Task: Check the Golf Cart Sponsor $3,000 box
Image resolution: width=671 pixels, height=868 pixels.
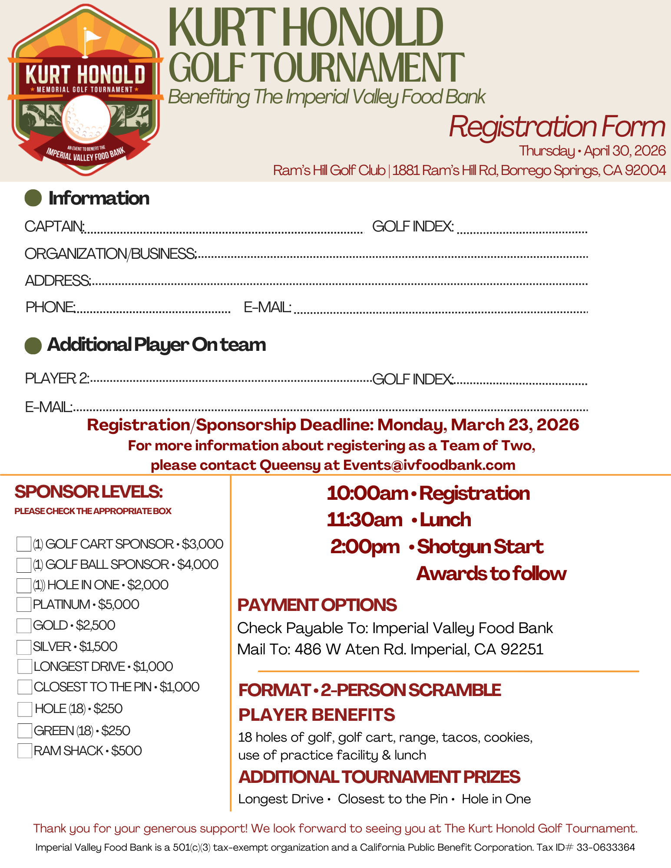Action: click(x=23, y=544)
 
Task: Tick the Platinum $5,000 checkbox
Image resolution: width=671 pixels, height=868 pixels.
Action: click(x=23, y=604)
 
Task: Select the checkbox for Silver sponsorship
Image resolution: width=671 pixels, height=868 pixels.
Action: click(x=23, y=647)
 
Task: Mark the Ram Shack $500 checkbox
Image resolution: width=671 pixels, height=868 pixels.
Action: click(x=25, y=751)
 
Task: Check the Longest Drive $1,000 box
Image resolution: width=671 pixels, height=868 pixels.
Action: click(x=25, y=666)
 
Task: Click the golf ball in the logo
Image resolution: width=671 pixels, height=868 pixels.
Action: click(x=86, y=119)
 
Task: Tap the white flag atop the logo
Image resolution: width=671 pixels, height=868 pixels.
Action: click(x=92, y=35)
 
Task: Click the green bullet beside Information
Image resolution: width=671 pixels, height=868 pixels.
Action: click(x=33, y=198)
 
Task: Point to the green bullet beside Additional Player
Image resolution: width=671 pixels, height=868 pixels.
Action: click(x=33, y=346)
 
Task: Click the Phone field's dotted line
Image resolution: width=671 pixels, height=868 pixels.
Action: click(x=153, y=311)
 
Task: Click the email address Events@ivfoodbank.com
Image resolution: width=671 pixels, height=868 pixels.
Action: click(x=429, y=465)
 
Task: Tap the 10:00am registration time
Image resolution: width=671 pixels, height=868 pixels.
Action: click(x=367, y=493)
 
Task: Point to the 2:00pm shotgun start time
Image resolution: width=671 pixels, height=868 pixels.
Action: click(x=365, y=547)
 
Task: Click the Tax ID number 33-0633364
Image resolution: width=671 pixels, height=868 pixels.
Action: click(x=605, y=847)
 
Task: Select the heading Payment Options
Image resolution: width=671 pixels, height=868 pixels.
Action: click(x=317, y=605)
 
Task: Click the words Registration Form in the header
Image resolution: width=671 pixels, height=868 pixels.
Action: click(x=557, y=127)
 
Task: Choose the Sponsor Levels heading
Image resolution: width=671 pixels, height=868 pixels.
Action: click(x=89, y=492)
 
